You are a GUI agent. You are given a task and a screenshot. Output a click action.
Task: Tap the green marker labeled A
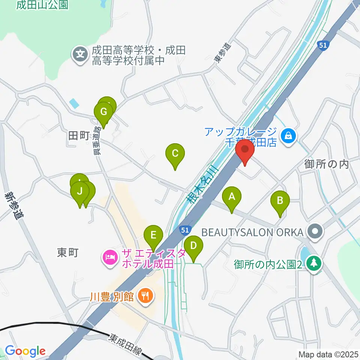[232, 197]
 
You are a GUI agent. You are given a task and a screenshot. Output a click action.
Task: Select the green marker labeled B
[280, 201]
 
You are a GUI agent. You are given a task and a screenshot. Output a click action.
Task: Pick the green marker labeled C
[175, 154]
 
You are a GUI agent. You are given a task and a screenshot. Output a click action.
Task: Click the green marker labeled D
[193, 246]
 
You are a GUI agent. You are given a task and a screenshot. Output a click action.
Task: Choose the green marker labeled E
[153, 235]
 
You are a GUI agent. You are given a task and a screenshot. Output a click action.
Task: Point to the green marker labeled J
[79, 191]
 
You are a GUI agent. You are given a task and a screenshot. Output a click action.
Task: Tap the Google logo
[25, 351]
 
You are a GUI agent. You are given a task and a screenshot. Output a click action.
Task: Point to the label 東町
[68, 252]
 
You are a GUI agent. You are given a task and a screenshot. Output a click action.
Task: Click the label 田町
[78, 135]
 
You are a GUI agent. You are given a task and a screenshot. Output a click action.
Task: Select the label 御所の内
[327, 164]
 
